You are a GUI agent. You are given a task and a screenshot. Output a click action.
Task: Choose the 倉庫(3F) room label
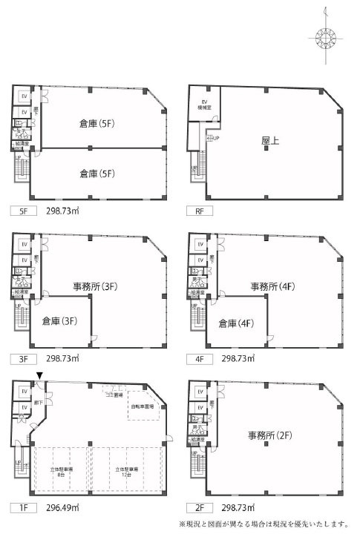click(x=61, y=323)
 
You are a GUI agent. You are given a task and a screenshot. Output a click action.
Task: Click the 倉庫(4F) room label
click(x=237, y=323)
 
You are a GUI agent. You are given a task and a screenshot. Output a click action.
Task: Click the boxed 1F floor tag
click(x=22, y=508)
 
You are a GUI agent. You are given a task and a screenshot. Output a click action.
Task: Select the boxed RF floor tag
click(x=199, y=211)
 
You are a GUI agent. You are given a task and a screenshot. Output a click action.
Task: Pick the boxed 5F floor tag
click(x=22, y=211)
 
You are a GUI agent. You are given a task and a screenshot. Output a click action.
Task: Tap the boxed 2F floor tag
click(x=199, y=508)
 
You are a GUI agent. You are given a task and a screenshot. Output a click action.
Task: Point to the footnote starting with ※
click(x=263, y=524)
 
